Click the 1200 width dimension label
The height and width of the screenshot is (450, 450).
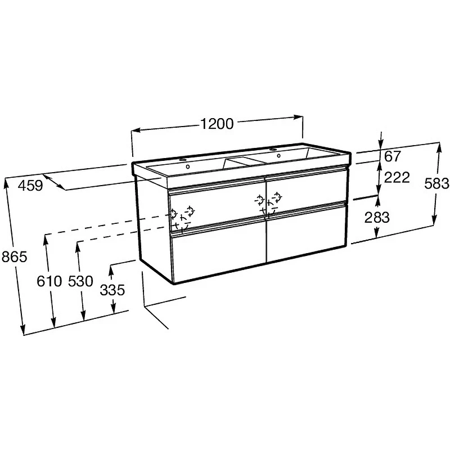coord(217,124)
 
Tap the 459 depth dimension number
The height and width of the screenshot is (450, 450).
coord(30,185)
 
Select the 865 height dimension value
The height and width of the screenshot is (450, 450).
coord(14,256)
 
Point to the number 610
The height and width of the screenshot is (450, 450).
coord(49,281)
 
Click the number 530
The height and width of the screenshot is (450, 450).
coord(80,281)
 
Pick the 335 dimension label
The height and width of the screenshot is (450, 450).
coord(112,290)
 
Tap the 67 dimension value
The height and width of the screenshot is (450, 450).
coord(392,156)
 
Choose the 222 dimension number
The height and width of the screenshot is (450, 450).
coord(397,178)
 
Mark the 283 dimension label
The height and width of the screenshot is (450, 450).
coord(377,218)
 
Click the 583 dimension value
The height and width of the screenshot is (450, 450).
coord(436,184)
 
